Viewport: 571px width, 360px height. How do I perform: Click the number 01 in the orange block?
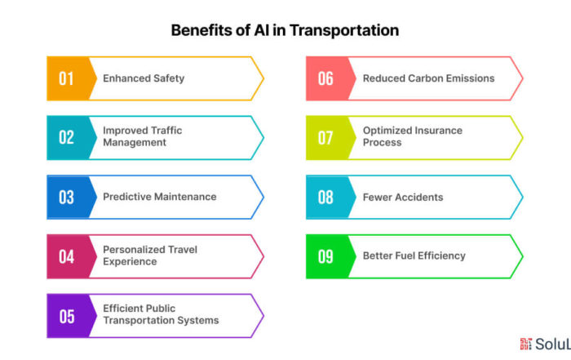66,78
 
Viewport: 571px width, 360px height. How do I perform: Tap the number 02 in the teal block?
66,138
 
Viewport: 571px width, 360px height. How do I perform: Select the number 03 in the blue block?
66,197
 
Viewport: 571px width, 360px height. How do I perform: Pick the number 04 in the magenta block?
67,256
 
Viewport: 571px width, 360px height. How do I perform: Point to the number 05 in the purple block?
67,316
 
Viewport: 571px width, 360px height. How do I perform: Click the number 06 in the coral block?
325,78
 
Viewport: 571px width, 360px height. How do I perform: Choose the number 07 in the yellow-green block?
325,138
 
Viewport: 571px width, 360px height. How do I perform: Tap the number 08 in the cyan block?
325,197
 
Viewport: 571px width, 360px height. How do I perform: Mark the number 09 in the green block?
325,256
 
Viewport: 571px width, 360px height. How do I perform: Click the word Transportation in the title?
344,30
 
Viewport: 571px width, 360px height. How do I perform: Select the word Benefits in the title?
201,30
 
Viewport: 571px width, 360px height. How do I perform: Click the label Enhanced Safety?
144,78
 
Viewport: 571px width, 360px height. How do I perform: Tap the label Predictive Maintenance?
160,197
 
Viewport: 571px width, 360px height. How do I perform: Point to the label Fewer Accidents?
403,197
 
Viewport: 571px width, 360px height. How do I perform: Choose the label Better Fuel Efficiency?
414,256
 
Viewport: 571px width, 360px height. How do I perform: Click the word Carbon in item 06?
425,78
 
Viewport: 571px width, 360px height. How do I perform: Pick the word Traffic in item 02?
166,131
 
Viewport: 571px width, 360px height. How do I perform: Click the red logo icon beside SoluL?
526,344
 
